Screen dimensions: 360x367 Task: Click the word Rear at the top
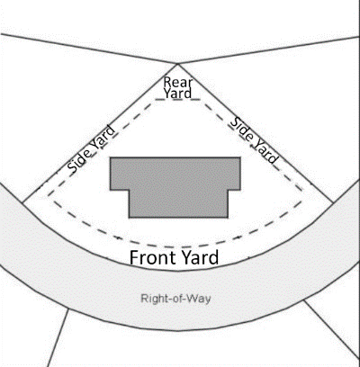coord(177,82)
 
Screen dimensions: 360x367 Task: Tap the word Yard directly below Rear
coord(177,94)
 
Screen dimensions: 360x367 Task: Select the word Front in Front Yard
coord(153,258)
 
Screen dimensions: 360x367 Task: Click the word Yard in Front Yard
coord(199,258)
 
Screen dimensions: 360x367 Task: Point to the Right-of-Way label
coord(175,299)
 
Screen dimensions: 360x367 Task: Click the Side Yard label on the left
coord(91,148)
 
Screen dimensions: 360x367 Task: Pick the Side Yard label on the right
coord(255,140)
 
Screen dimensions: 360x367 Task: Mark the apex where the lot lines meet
coord(177,64)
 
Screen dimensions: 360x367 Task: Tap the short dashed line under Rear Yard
coord(177,100)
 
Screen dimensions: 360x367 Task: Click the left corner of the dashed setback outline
coord(48,196)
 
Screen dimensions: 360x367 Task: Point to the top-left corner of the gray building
coord(110,157)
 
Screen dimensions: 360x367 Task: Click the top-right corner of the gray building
coord(240,157)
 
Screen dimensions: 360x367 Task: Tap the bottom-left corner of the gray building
coord(129,218)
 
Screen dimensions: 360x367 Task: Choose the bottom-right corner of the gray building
coord(228,218)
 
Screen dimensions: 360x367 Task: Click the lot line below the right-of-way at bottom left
coord(58,338)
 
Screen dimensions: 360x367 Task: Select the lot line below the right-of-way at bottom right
coord(332,329)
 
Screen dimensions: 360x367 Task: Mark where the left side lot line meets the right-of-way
coord(22,202)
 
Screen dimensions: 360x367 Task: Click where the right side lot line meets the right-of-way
coord(333,202)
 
